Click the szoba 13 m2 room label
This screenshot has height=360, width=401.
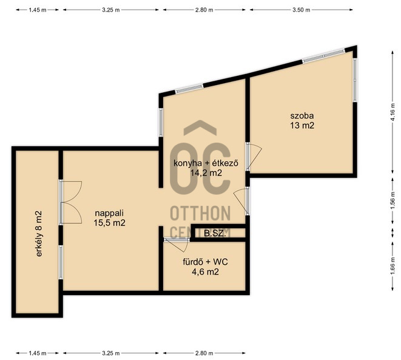coord(302,121)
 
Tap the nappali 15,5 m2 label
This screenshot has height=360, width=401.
coord(109,218)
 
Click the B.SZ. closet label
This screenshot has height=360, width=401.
coord(215,233)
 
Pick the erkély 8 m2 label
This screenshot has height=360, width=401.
coord(39,234)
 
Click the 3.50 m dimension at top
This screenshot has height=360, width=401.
coord(302,10)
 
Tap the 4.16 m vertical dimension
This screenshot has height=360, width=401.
coord(393,112)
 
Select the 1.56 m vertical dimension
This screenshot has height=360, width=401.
coord(393,200)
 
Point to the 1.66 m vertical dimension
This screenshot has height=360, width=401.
coord(393,266)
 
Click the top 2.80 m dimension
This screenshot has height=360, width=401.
coord(204,10)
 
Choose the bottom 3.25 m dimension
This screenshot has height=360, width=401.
coord(111,353)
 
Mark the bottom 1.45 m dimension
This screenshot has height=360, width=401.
coord(38,353)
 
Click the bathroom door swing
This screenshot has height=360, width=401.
coord(178,245)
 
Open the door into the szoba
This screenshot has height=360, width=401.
coord(254,157)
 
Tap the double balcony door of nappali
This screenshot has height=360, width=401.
coord(71,202)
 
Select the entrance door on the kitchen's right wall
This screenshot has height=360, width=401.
coord(241,201)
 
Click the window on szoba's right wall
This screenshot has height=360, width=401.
coord(355,80)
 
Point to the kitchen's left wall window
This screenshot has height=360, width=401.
coord(161,122)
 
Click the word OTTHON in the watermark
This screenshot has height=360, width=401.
coord(200,214)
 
